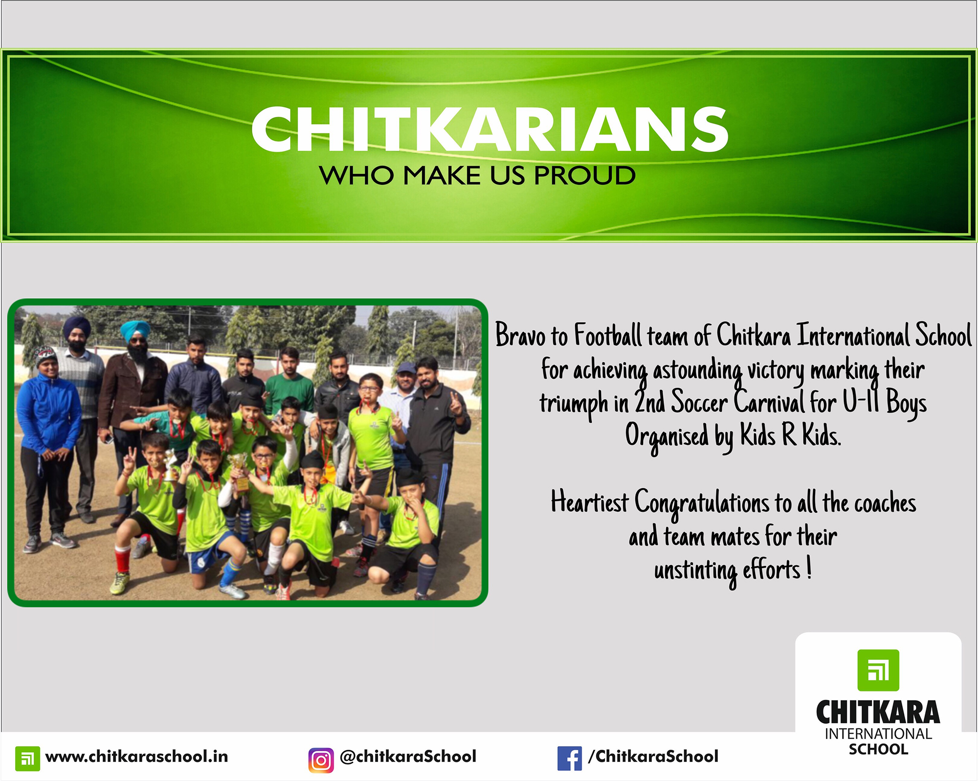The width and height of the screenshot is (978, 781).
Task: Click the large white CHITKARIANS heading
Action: pos(490,129)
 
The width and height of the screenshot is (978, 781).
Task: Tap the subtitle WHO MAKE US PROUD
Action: pos(477,175)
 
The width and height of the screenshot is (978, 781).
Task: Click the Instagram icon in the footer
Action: pos(321,760)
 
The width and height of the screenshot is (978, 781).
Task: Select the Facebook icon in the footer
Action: pos(570,759)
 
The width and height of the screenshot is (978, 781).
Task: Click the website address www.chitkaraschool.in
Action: pos(136,757)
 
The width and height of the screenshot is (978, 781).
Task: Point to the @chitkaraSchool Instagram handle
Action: pos(408,757)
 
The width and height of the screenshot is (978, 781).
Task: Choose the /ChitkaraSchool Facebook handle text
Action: pos(653,757)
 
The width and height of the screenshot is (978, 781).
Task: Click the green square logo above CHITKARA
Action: pos(878,670)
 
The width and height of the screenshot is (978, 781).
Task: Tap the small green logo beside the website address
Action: pos(27,759)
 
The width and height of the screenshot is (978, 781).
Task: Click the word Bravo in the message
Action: pos(520,335)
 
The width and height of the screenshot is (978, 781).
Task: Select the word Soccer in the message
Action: pos(699,403)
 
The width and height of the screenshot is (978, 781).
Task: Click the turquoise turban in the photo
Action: pos(135,330)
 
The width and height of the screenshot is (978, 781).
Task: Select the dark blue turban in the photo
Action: pos(77,325)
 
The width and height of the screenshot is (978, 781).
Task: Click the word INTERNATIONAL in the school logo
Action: pos(878,734)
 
